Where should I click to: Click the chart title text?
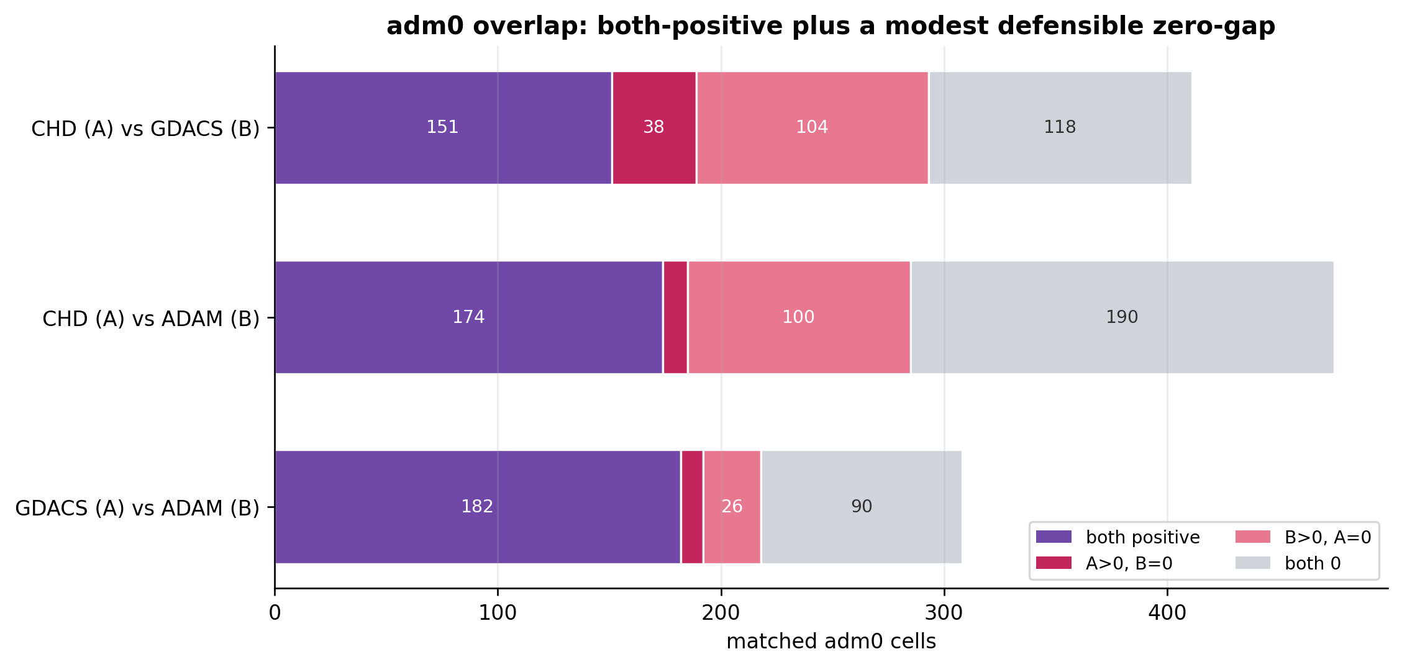[x=831, y=26]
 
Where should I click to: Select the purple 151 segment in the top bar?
[x=443, y=128]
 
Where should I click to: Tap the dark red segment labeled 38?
[x=654, y=128]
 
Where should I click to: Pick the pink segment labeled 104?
[x=813, y=128]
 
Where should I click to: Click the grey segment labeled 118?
[x=1060, y=128]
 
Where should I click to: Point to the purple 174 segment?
[x=469, y=317]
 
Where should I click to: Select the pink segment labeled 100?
[x=799, y=317]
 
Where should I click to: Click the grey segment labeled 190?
[x=1122, y=317]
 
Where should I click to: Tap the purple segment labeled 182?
[x=478, y=507]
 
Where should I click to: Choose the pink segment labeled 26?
[x=732, y=507]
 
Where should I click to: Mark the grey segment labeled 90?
[x=862, y=507]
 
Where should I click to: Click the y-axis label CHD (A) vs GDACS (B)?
[x=145, y=129]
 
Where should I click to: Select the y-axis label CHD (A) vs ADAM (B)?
[x=151, y=319]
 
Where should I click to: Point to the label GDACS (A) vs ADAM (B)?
[x=137, y=508]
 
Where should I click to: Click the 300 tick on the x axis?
[x=944, y=613]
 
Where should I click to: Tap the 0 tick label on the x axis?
[x=275, y=613]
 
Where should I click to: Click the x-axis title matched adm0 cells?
[x=831, y=642]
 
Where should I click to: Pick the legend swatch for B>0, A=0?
[x=1253, y=537]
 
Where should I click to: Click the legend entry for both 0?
[x=1288, y=563]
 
